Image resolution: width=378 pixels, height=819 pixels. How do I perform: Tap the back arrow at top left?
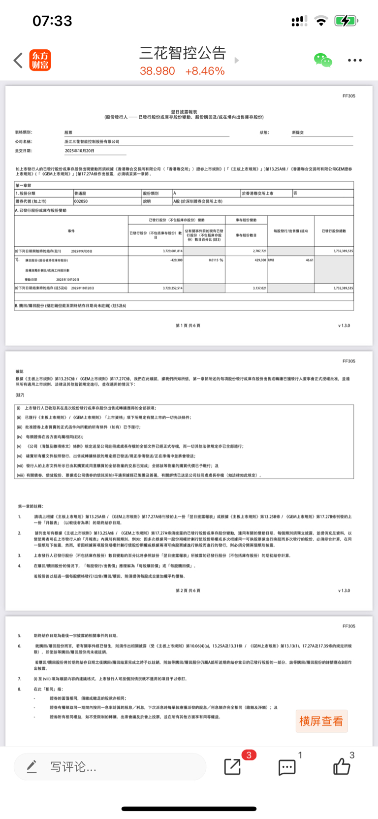(18, 61)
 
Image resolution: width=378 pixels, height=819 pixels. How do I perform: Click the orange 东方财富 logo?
(40, 60)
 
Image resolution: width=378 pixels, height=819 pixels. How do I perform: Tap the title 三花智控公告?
(183, 53)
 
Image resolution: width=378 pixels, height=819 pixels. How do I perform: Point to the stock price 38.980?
(157, 71)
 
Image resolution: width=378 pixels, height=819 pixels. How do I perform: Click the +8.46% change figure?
(205, 71)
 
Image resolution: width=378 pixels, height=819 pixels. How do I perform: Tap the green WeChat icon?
(323, 60)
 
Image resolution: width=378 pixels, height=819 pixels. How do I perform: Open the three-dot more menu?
(354, 61)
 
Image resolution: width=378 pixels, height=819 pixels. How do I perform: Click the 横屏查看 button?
(321, 721)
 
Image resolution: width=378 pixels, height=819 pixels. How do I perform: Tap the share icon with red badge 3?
(233, 766)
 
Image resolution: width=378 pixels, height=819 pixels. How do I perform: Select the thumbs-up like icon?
(342, 766)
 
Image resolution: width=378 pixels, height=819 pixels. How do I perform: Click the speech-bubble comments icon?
(287, 766)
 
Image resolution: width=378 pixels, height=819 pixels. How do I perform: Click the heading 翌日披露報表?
(184, 112)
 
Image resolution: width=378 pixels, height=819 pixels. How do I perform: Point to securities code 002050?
(81, 201)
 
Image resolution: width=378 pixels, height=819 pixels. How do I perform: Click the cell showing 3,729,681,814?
(172, 251)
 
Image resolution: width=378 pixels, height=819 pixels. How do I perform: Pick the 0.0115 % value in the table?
(216, 260)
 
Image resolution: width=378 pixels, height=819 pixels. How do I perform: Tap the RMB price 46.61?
(309, 260)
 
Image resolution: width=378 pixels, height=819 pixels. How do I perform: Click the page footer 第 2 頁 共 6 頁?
(188, 590)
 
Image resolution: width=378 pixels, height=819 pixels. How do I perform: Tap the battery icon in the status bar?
(346, 21)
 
